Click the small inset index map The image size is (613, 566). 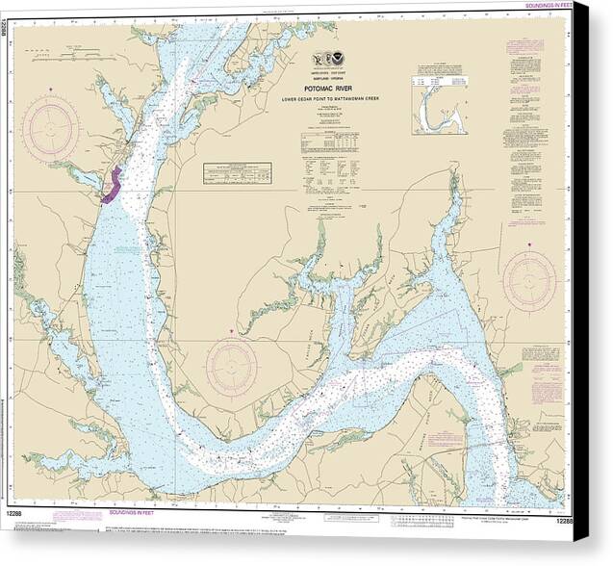tap(440, 101)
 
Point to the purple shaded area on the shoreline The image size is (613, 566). tap(111, 184)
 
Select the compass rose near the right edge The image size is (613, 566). tap(529, 281)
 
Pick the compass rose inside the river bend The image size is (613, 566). tap(231, 367)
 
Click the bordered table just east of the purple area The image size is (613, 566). tap(237, 172)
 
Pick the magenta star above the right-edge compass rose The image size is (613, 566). tap(529, 246)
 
